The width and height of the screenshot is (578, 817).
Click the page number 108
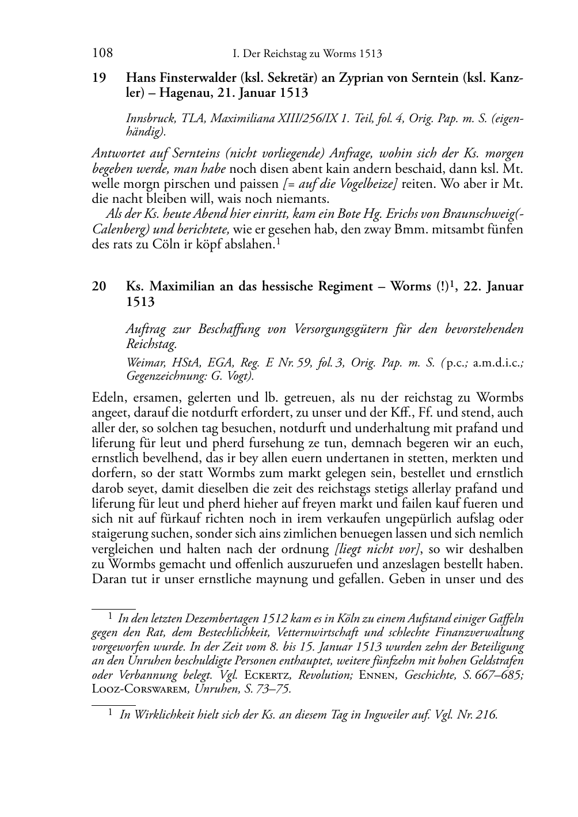point(102,54)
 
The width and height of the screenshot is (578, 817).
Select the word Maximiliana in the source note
point(242,119)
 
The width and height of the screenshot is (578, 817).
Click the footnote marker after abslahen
point(278,241)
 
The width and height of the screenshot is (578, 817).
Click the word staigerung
point(120,534)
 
